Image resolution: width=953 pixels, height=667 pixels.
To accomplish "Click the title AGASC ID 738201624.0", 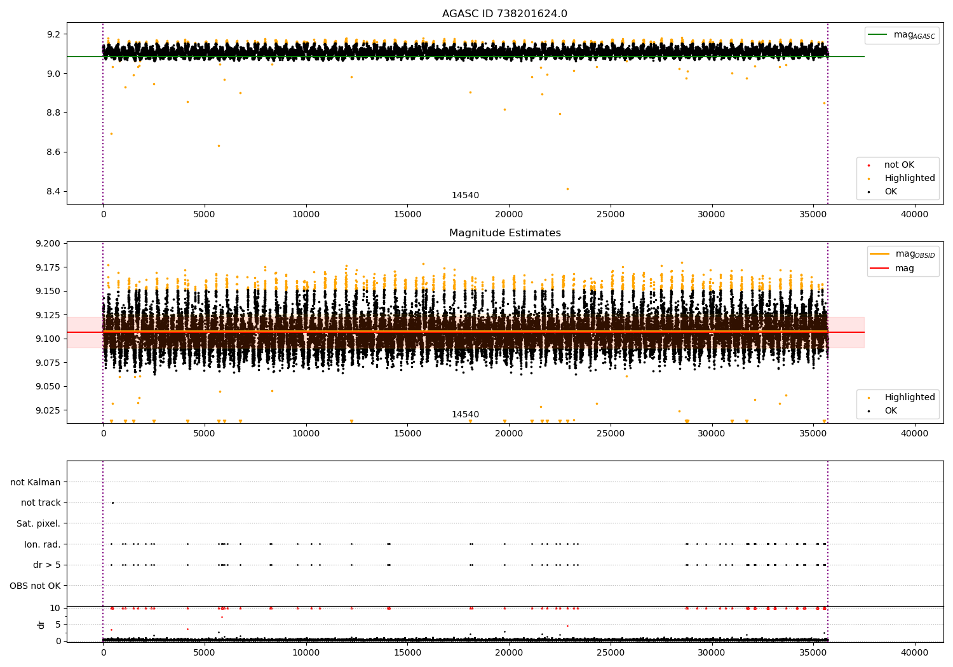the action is point(504,13).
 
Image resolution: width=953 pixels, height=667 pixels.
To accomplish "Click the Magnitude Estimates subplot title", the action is point(505,232).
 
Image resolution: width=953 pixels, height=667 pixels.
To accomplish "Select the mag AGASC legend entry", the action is point(902,35).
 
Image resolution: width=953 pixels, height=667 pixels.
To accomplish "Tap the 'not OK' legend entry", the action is point(891,165).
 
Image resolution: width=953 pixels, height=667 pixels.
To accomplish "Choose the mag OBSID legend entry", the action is point(902,254).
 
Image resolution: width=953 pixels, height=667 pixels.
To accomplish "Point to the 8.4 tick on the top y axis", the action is point(53,191).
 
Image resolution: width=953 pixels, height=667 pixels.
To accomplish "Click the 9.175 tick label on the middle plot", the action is point(48,267).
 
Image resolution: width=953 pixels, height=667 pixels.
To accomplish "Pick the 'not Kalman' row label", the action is point(36,482).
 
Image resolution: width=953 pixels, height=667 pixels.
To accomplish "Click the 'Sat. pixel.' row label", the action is point(38,523).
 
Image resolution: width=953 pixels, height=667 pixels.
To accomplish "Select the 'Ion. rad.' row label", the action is point(42,544).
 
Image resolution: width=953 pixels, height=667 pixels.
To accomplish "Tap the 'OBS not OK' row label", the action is point(35,586).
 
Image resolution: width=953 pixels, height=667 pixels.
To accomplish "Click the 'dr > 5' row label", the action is point(47,565).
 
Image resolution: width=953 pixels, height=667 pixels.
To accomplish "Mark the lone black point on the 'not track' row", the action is point(112,503).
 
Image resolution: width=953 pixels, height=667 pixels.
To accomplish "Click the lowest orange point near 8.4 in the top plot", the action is point(567,189).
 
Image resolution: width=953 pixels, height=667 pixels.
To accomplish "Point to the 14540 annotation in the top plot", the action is point(465,195).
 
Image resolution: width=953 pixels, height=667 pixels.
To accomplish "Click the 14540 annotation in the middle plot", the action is point(465,414).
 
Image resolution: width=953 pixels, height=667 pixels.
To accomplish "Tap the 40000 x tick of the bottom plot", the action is point(914,652).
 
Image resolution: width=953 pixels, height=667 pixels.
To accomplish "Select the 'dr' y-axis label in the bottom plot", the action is point(41,624).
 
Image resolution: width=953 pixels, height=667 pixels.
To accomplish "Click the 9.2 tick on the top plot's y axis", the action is point(53,34).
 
